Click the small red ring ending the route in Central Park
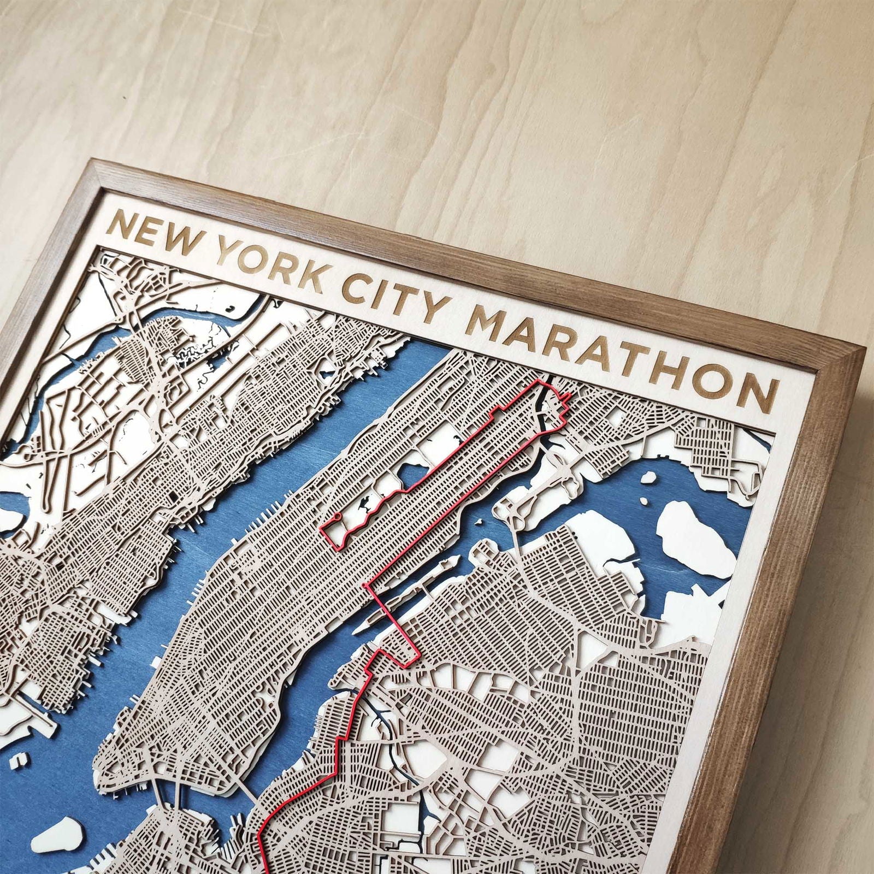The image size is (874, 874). point(338,515)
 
